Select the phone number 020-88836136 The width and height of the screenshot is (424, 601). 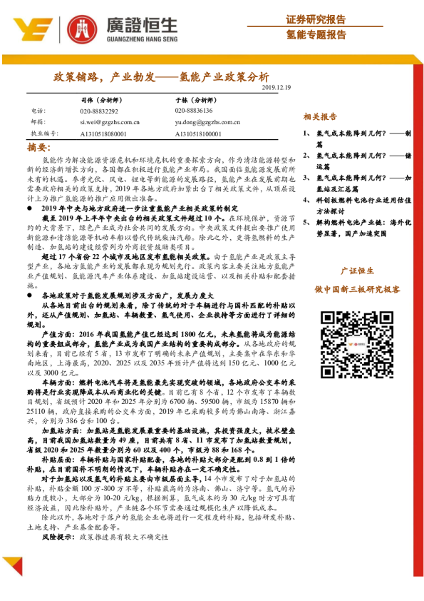tap(194, 111)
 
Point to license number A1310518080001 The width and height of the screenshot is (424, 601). tap(103, 133)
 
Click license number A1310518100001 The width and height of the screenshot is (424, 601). tap(198, 133)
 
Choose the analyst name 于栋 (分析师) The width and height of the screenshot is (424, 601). tap(194, 100)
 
